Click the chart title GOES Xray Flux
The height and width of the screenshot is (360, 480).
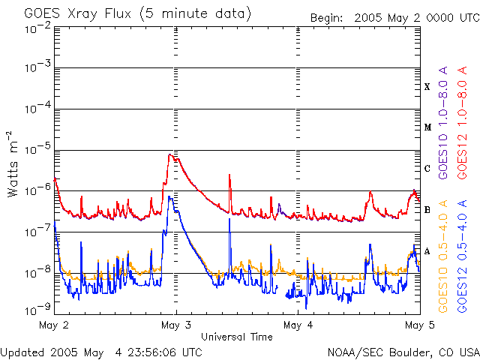78,14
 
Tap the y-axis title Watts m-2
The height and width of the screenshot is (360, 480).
13,164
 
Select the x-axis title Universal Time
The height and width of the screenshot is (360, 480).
237,337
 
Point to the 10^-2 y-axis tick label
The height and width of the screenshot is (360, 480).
37,28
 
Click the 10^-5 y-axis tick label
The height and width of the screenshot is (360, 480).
37,149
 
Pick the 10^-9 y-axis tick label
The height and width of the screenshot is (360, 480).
37,309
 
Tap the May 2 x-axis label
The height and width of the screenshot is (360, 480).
54,325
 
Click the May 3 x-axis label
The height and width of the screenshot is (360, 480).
176,325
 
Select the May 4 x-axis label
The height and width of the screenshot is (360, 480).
298,325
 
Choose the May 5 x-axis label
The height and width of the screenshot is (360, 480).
419,325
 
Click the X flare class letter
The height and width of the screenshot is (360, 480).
427,87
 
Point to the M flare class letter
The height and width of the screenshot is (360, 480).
427,127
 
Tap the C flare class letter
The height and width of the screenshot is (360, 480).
427,168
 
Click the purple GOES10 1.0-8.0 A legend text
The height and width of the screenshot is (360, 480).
443,123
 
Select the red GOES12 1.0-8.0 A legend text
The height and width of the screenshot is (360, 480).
462,123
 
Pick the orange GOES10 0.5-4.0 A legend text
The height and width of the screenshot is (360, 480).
443,256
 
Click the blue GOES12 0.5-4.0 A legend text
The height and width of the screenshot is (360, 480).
462,256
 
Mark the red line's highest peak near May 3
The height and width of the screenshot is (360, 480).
170,154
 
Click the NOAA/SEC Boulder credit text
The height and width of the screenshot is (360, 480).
403,352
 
